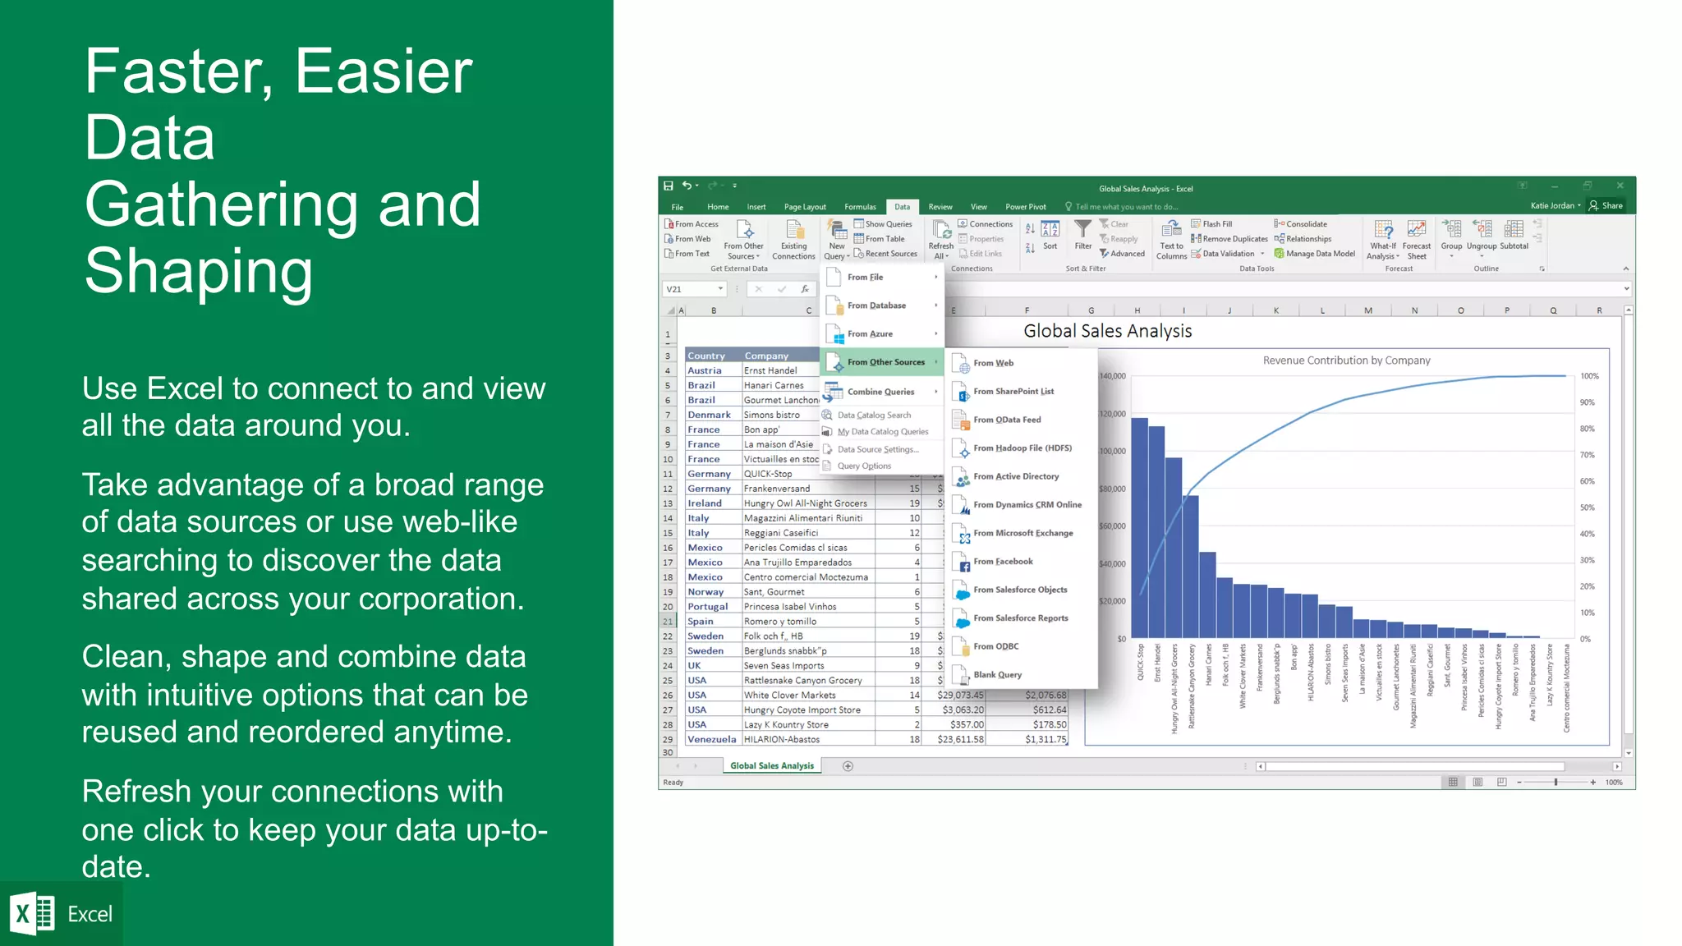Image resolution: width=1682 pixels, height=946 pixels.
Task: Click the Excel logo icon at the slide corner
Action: [x=31, y=913]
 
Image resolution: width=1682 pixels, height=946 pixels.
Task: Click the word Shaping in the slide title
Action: [x=199, y=271]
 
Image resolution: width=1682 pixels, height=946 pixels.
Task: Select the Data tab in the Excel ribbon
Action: [x=902, y=207]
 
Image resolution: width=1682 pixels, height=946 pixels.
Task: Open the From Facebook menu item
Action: [x=1003, y=562]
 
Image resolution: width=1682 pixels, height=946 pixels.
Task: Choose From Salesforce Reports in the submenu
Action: [x=1020, y=618]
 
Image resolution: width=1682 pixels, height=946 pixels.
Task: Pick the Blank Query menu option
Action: [x=997, y=675]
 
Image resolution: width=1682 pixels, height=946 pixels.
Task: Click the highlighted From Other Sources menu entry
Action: [x=885, y=362]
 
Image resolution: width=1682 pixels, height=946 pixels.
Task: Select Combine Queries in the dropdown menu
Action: [x=880, y=392]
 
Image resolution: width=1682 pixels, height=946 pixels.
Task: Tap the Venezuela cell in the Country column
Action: [x=711, y=739]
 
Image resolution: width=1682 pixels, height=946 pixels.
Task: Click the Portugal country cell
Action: [x=707, y=607]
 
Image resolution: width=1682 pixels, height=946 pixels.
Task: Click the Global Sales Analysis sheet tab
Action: [x=771, y=765]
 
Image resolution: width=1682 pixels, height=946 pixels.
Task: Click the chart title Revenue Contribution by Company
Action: [x=1345, y=360]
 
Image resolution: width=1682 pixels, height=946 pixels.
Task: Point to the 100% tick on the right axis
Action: [x=1589, y=376]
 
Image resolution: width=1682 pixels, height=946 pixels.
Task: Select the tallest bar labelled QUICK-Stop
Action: [x=1139, y=526]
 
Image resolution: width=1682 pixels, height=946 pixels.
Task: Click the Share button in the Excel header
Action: [x=1606, y=206]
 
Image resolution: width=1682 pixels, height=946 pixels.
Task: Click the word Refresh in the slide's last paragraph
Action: [x=136, y=792]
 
